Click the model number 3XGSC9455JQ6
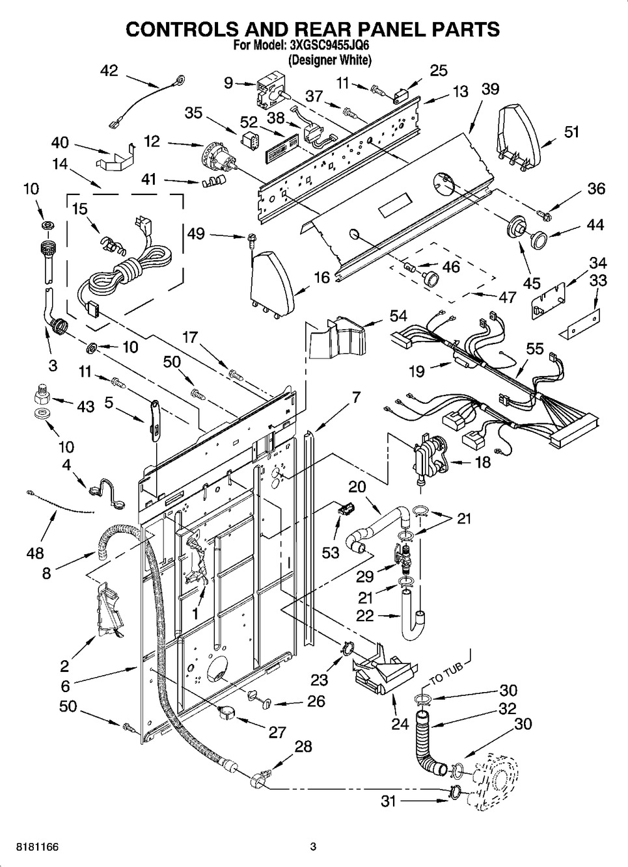[x=329, y=46]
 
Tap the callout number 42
[x=109, y=70]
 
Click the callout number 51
[x=571, y=132]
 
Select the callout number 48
[x=35, y=552]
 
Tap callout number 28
[x=303, y=746]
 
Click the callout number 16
[x=322, y=278]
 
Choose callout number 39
[x=490, y=89]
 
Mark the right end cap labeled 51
[x=517, y=137]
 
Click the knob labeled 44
[x=538, y=239]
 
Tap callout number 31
[x=389, y=802]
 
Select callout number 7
[x=356, y=397]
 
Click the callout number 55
[x=535, y=349]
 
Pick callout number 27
[x=277, y=732]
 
